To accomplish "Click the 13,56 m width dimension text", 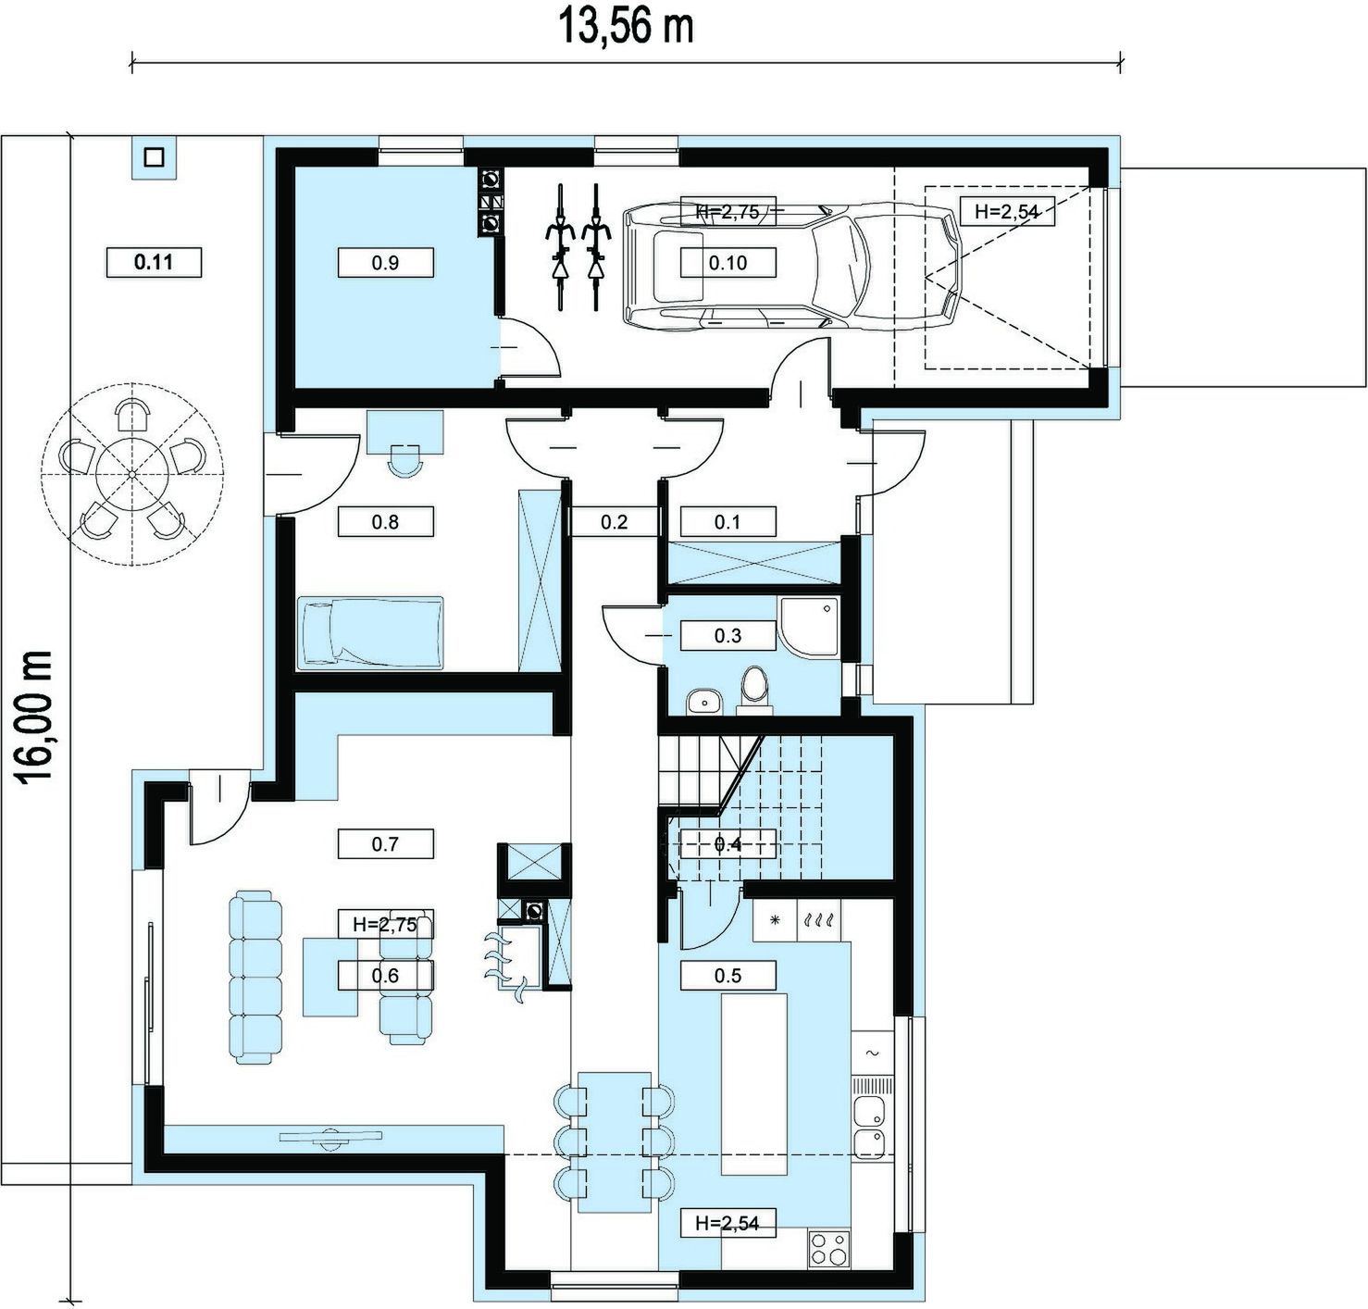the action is [625, 28].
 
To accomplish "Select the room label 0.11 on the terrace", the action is [154, 262].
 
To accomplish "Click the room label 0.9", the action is [385, 263].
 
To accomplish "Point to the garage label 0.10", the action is [728, 263].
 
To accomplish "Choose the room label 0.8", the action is [385, 522].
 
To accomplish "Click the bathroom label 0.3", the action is [728, 636].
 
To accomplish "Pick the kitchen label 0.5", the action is [728, 976].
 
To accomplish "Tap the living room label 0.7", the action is [385, 843].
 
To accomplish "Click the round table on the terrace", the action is [132, 475].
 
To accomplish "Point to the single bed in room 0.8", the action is [371, 632].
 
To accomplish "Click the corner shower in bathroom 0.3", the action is [809, 627].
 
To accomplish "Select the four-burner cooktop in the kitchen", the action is [829, 1248].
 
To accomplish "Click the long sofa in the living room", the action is [255, 978].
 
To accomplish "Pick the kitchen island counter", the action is [753, 1084].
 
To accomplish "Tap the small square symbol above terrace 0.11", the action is [154, 156].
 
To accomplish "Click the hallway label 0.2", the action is [614, 522].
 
